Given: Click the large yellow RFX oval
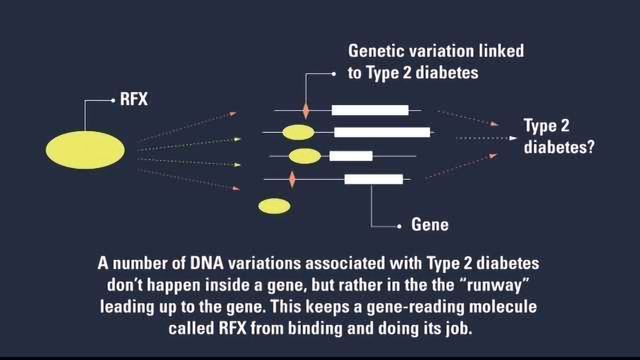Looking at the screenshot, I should pyautogui.click(x=85, y=149).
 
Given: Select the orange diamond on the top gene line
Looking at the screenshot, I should pyautogui.click(x=307, y=109).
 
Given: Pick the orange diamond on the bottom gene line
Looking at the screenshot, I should pyautogui.click(x=292, y=179).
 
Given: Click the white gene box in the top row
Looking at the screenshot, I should pyautogui.click(x=370, y=109).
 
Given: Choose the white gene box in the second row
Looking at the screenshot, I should pyautogui.click(x=382, y=132).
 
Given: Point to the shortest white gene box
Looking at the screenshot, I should pyautogui.click(x=351, y=156).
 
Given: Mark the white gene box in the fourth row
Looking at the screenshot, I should pyautogui.click(x=373, y=179).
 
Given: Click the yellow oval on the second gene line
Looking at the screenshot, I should pyautogui.click(x=298, y=132).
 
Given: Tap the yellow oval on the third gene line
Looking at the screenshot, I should pyautogui.click(x=304, y=156).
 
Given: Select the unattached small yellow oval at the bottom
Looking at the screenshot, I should pyautogui.click(x=274, y=206).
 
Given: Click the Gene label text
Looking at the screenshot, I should pyautogui.click(x=429, y=225).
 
